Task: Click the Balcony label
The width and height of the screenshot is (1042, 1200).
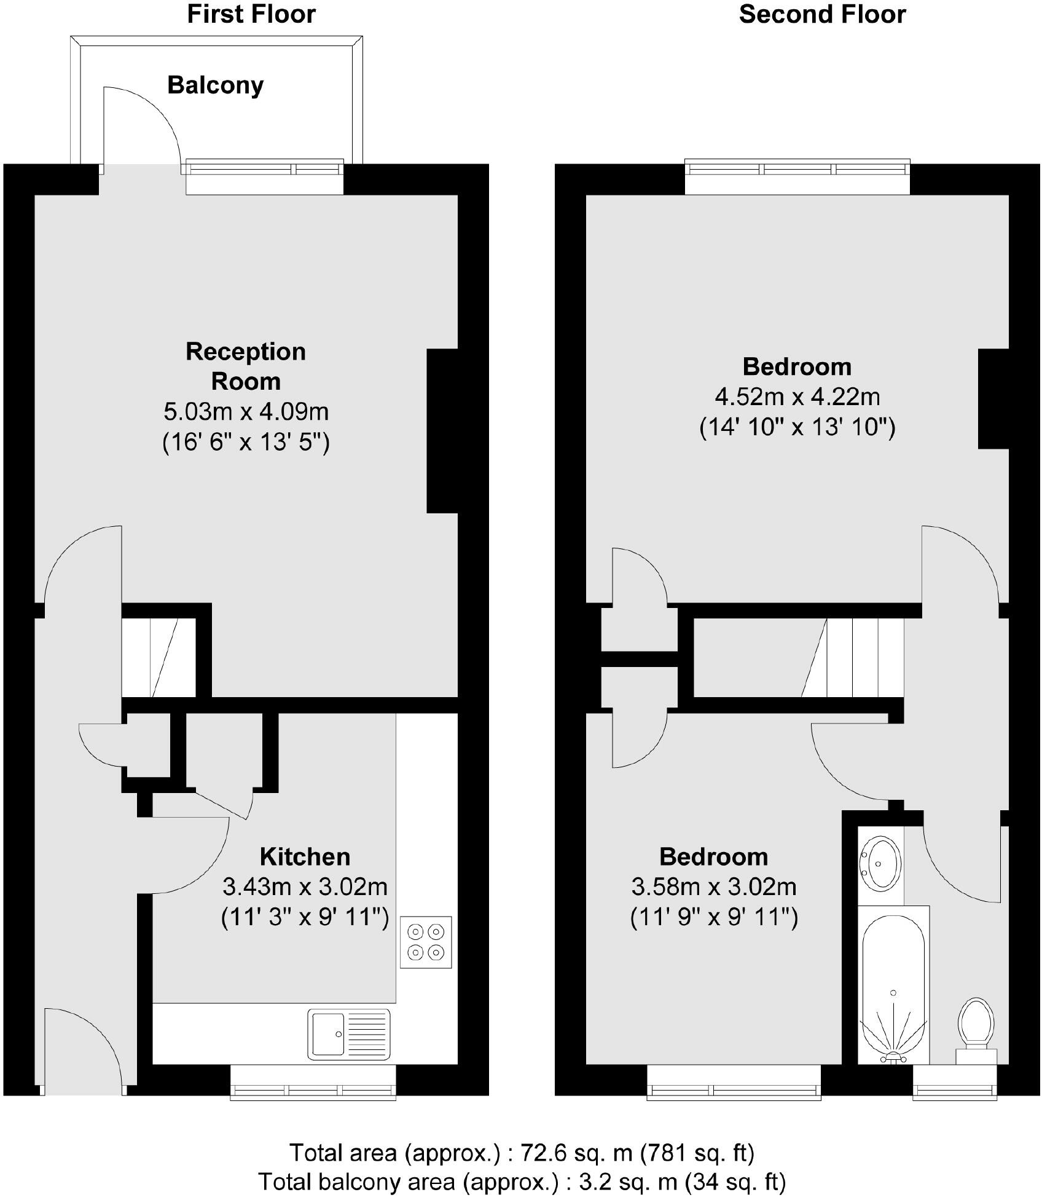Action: [215, 85]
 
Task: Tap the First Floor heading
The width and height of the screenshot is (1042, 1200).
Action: [251, 14]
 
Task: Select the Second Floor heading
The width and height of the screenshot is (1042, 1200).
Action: [822, 14]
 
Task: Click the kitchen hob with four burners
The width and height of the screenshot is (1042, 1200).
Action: [426, 942]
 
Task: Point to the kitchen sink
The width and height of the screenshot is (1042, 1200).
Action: [348, 1035]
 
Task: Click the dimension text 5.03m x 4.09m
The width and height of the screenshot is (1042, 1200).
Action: [246, 411]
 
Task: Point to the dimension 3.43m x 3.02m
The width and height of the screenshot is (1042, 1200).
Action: [305, 886]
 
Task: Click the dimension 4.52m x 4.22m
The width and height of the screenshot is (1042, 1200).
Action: [797, 397]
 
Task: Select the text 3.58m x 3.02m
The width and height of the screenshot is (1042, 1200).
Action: [714, 886]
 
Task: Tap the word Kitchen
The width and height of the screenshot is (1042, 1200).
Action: [305, 856]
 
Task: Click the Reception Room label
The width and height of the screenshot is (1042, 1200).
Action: [246, 366]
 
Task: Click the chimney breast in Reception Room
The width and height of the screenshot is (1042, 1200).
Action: [442, 430]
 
